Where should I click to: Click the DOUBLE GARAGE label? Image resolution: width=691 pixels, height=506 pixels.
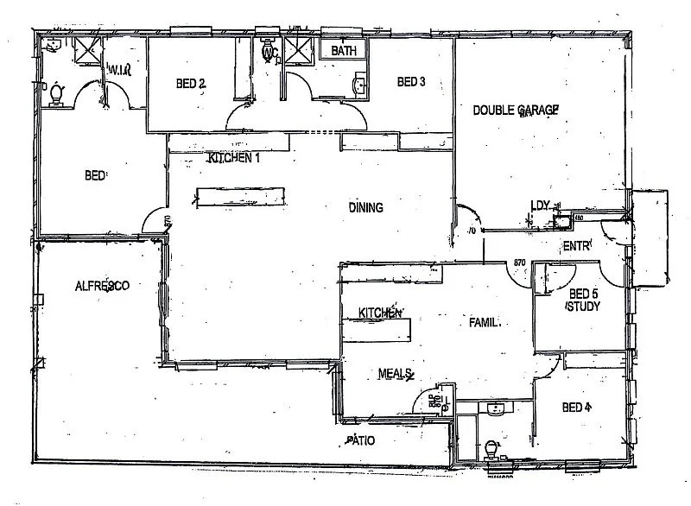pos(516,110)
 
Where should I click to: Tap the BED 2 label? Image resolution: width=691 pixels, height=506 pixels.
pos(190,84)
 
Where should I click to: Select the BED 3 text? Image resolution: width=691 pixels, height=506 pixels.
pos(411,83)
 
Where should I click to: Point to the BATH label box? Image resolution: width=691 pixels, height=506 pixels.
pos(344,51)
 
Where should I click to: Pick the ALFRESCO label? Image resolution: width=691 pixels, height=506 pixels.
pos(102,286)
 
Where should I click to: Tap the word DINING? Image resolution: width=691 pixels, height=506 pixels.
pos(365,207)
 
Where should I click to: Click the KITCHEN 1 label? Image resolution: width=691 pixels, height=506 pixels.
pos(233,159)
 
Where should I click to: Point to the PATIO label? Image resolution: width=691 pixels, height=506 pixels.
pos(361,440)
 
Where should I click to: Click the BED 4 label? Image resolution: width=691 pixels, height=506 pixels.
pos(576,407)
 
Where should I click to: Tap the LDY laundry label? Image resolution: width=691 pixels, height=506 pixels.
pos(541,206)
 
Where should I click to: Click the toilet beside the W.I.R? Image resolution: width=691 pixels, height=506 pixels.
pos(58,93)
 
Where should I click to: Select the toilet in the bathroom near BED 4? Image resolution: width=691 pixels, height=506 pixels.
pos(491,449)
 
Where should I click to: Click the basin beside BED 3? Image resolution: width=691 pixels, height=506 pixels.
pos(359,85)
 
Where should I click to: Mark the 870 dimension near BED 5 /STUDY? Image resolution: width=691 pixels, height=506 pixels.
pos(520,262)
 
